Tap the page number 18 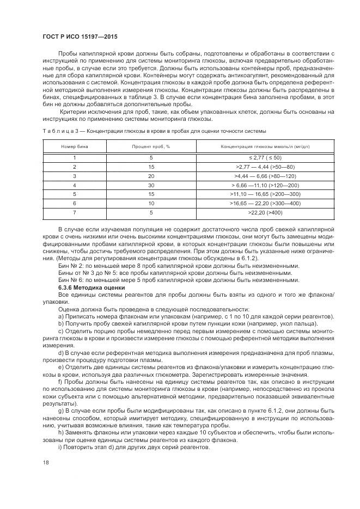[46, 463]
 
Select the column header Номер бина [75, 147]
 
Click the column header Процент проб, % [151, 147]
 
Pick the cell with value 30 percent [151, 185]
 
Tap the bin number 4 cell [75, 185]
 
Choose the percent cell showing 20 [151, 175]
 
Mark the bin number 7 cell [75, 212]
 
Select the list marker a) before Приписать [60, 316]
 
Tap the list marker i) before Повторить [59, 447]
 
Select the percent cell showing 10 [151, 203]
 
